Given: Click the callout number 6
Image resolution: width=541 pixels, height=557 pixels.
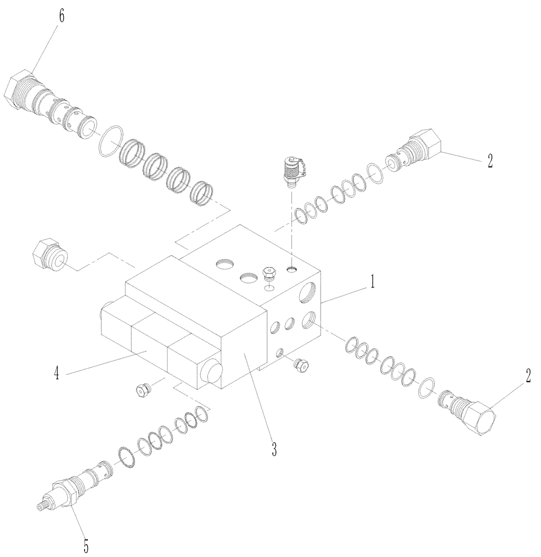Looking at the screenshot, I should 61,17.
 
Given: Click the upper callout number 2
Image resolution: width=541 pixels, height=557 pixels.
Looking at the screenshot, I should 489,161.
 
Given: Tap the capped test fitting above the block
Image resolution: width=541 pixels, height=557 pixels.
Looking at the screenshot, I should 292,170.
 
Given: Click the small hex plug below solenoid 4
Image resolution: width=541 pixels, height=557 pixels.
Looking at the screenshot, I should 143,390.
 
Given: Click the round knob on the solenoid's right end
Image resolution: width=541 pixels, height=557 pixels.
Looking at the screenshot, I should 212,371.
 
